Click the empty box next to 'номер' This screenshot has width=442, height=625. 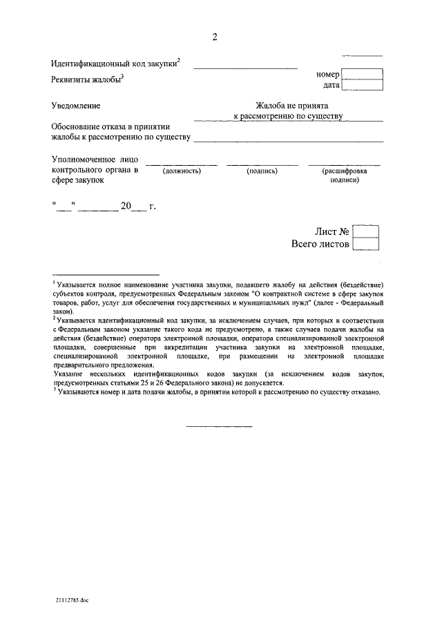click(362, 74)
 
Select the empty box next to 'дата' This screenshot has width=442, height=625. click(362, 86)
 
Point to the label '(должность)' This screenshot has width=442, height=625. click(182, 170)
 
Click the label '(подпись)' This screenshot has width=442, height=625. click(262, 170)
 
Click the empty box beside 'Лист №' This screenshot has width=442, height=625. click(365, 231)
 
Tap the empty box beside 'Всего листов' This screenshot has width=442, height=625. click(365, 244)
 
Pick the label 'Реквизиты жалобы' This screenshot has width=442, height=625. click(86, 79)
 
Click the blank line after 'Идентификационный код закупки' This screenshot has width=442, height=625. click(245, 67)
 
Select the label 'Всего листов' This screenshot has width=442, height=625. click(320, 244)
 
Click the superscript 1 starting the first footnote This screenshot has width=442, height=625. click(54, 281)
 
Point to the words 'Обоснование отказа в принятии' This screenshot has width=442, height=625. click(110, 127)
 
